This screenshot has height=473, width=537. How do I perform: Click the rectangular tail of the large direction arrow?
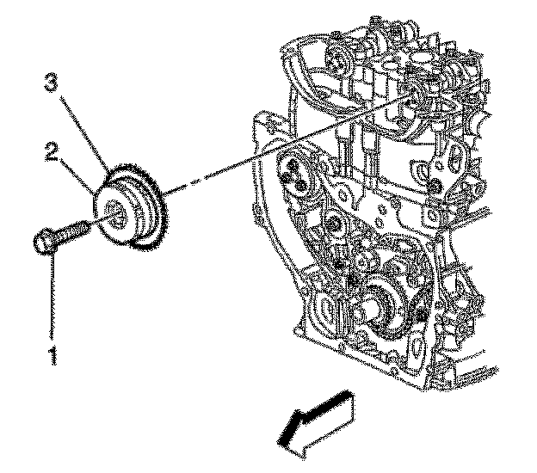(x=341, y=405)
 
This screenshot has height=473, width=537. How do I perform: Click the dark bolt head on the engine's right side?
(x=435, y=188)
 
